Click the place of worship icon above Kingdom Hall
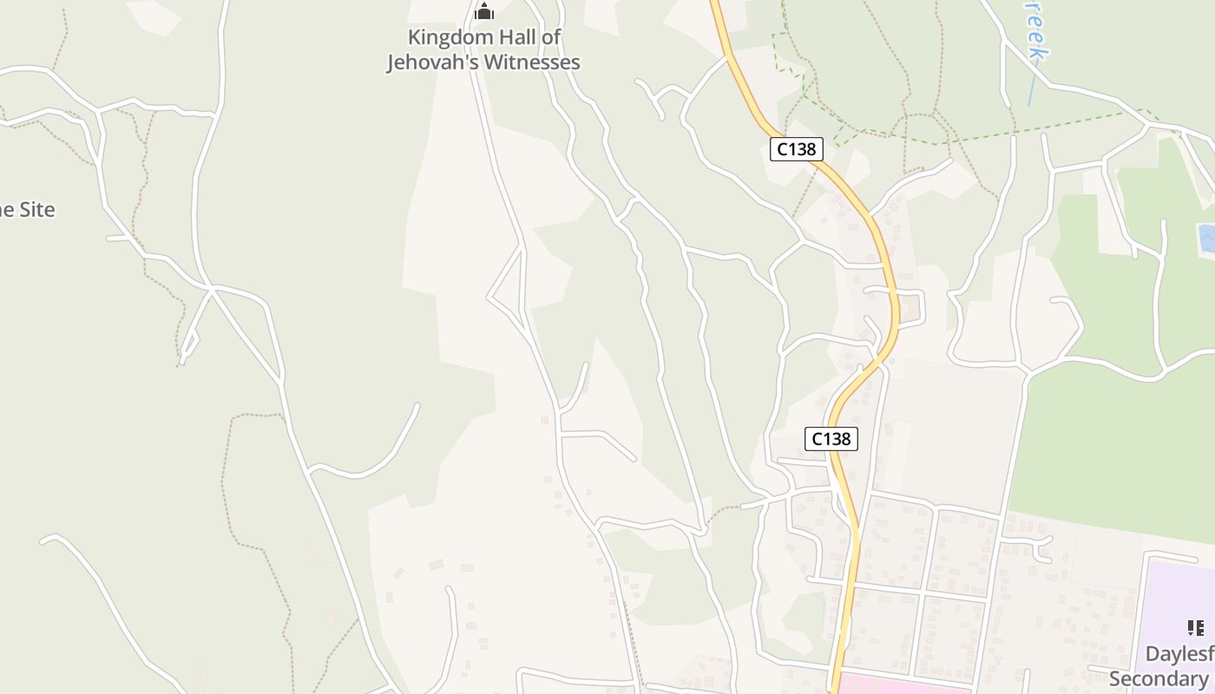[x=484, y=11]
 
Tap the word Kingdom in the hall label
[x=444, y=37]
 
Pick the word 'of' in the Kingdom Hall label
[x=550, y=37]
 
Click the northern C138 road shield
[x=796, y=149]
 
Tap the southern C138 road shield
[x=831, y=439]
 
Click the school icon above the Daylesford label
[x=1195, y=627]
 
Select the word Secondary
[x=1159, y=678]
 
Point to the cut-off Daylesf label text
[x=1178, y=654]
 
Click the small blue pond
[x=1205, y=238]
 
